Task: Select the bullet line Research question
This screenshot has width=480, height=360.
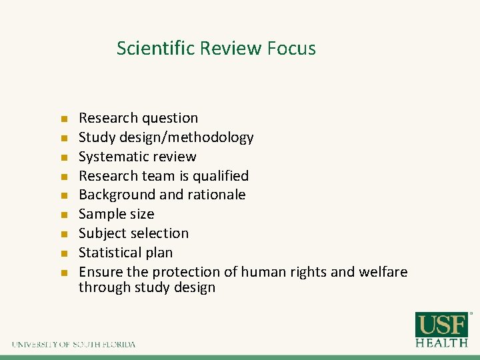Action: (x=138, y=118)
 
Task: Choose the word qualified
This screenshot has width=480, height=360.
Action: (x=219, y=176)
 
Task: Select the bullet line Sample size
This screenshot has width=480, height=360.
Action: (x=116, y=214)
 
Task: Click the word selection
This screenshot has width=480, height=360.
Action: (x=161, y=233)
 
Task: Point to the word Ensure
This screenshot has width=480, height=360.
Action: (x=101, y=272)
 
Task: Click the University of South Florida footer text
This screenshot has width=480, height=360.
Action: (x=73, y=344)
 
